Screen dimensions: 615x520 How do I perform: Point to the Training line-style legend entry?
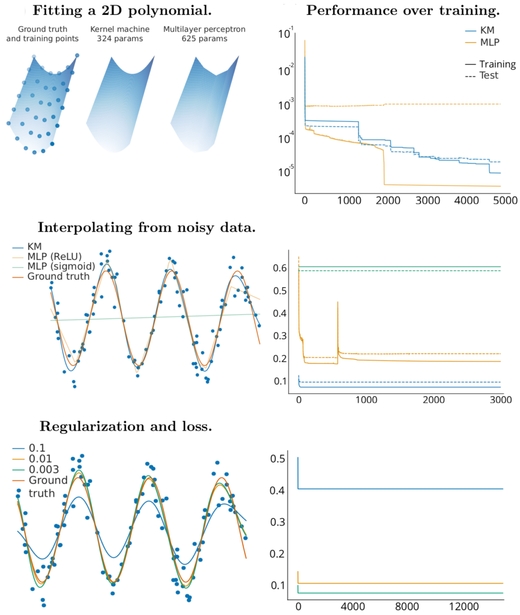tap(497, 64)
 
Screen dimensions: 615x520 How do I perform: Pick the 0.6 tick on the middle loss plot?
tap(280, 268)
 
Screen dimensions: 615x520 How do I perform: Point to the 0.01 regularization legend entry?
tap(40, 459)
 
